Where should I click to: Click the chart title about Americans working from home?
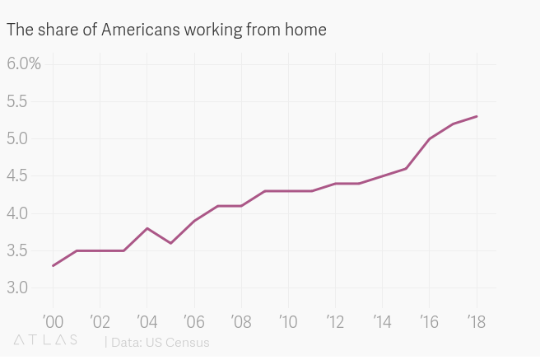pos(166,30)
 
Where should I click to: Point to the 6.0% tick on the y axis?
pos(24,64)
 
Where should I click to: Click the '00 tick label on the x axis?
pos(52,320)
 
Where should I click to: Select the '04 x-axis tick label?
pos(147,320)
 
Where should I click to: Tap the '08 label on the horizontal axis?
pos(240,320)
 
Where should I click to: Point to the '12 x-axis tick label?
pos(335,320)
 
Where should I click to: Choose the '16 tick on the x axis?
pos(429,320)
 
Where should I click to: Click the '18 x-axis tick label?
pos(476,320)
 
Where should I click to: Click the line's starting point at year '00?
pos(53,265)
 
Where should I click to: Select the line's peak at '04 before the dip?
pos(147,228)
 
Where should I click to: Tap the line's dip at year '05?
pos(170,243)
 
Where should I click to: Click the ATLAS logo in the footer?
pos(46,340)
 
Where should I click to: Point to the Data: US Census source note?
pos(157,342)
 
